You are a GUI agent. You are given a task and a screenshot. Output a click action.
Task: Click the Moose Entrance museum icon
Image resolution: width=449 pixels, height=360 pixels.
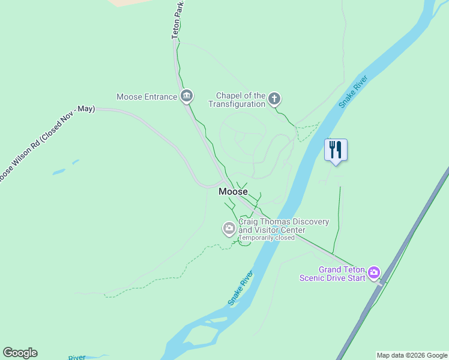pyautogui.click(x=187, y=96)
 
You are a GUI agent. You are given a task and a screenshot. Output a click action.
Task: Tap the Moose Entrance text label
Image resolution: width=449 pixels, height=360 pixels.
pyautogui.click(x=146, y=97)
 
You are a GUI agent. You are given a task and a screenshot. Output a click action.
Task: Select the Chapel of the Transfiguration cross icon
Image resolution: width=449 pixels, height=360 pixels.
pyautogui.click(x=274, y=98)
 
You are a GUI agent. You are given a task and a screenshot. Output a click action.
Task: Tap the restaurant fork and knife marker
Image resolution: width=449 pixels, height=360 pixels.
pyautogui.click(x=336, y=149)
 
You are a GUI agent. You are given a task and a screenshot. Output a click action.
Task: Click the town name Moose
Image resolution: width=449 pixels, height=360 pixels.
pyautogui.click(x=233, y=192)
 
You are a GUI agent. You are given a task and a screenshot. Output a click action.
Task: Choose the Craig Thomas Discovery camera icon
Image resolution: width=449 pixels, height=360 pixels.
pyautogui.click(x=229, y=228)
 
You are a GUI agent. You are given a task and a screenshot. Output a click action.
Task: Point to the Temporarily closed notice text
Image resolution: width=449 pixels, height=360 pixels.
pyautogui.click(x=267, y=238)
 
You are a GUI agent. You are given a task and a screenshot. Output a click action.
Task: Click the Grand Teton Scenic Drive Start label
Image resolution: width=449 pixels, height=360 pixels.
pyautogui.click(x=333, y=274)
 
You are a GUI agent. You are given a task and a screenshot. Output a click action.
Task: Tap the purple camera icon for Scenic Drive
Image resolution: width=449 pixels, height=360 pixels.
pyautogui.click(x=374, y=273)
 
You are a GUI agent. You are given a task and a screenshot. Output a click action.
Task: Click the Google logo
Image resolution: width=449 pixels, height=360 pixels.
pyautogui.click(x=20, y=353)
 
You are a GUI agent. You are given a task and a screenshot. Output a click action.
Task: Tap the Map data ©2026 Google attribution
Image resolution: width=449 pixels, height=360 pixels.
pyautogui.click(x=412, y=355)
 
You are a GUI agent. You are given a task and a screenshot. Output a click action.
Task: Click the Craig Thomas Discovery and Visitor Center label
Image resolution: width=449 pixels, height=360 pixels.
pyautogui.click(x=283, y=226)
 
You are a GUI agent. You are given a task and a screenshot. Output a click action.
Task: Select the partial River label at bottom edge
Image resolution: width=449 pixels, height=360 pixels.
pyautogui.click(x=77, y=358)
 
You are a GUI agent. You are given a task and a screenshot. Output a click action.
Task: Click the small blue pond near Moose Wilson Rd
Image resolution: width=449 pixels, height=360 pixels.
pyautogui.click(x=59, y=172)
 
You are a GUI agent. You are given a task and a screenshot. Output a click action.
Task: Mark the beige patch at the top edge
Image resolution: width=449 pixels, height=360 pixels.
pyautogui.click(x=129, y=2)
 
